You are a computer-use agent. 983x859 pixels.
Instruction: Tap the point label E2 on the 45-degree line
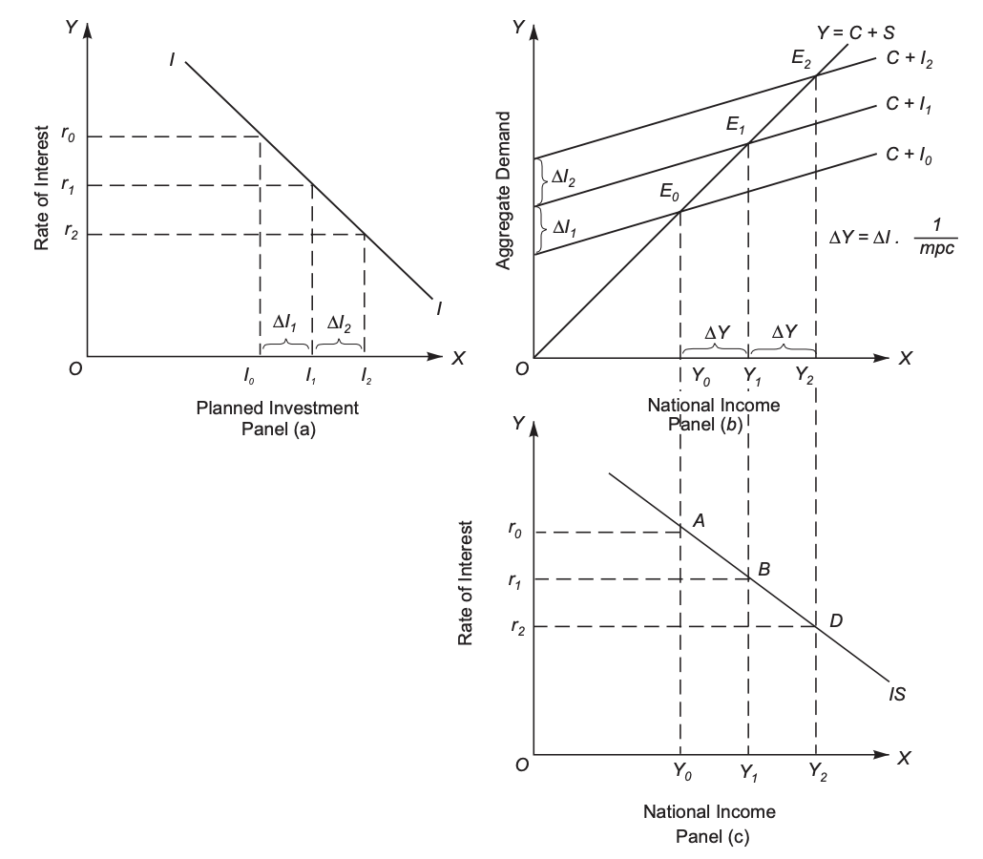(x=802, y=59)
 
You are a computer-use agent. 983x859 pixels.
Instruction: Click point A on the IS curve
(x=699, y=520)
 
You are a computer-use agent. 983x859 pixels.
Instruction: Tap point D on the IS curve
(x=835, y=620)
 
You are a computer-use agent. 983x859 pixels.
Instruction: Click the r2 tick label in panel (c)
(x=517, y=627)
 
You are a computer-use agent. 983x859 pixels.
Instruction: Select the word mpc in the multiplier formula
(x=934, y=249)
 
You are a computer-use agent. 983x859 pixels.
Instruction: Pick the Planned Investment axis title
(x=278, y=409)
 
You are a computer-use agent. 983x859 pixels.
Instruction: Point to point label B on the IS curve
(x=763, y=569)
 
